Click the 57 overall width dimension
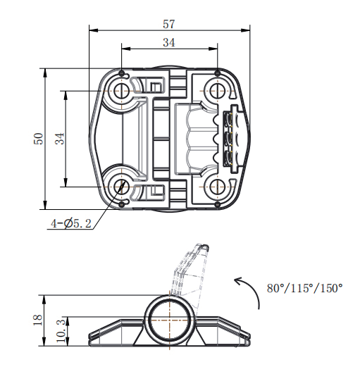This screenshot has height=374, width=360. coord(169,24)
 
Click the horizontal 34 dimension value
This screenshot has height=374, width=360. coord(169,42)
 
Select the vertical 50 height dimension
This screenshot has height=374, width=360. coord(39,139)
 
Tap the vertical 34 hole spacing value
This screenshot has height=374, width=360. coord(60,139)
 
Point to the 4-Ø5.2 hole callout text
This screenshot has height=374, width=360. coord(71,223)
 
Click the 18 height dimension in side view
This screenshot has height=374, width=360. coord(38,320)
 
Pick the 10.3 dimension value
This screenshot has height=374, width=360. coord(61,330)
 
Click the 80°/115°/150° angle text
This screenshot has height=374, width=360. coord(304,288)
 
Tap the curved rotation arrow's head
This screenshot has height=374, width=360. coord(239,281)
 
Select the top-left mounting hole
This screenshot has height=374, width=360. coord(122,91)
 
